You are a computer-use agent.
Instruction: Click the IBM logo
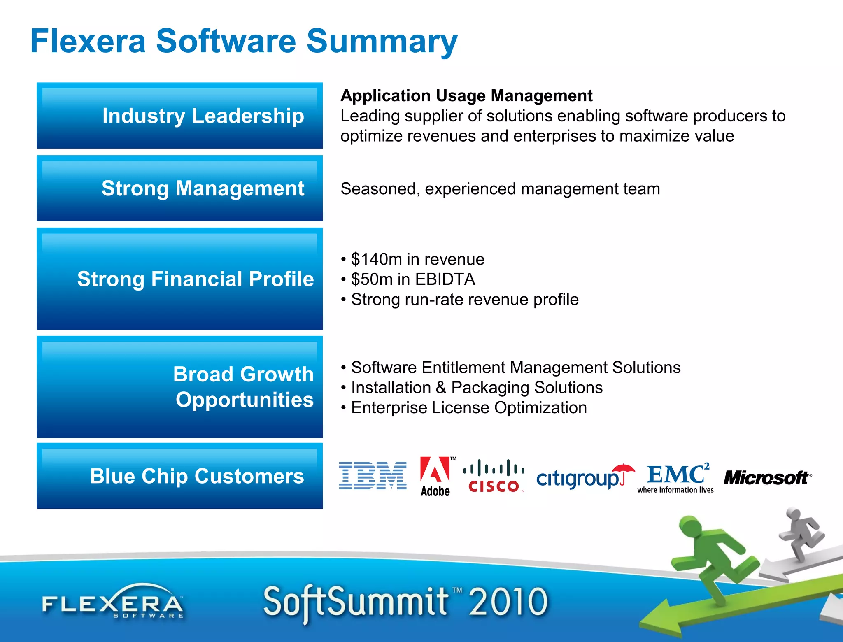pyautogui.click(x=373, y=475)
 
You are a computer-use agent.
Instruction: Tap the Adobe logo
pyautogui.click(x=435, y=476)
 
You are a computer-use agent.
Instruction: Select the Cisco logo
pyautogui.click(x=494, y=477)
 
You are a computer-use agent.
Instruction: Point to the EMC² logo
pyautogui.click(x=676, y=477)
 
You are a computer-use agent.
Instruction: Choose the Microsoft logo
pyautogui.click(x=766, y=478)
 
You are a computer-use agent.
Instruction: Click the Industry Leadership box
pyautogui.click(x=179, y=116)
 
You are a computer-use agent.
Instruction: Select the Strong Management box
pyautogui.click(x=179, y=188)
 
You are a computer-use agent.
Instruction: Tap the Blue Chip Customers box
pyautogui.click(x=179, y=476)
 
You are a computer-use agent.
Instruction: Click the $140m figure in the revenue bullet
pyautogui.click(x=376, y=259)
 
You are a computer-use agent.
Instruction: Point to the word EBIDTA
pyautogui.click(x=445, y=279)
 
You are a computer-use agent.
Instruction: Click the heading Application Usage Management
pyautogui.click(x=466, y=96)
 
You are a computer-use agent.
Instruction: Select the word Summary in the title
pyautogui.click(x=382, y=42)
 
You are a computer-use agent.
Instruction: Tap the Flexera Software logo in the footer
pyautogui.click(x=113, y=602)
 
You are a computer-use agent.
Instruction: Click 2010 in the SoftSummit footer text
pyautogui.click(x=508, y=602)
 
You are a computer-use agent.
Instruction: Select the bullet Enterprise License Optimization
pyautogui.click(x=468, y=408)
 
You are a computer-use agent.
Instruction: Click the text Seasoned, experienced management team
pyautogui.click(x=500, y=189)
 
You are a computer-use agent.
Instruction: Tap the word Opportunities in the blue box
pyautogui.click(x=245, y=400)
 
